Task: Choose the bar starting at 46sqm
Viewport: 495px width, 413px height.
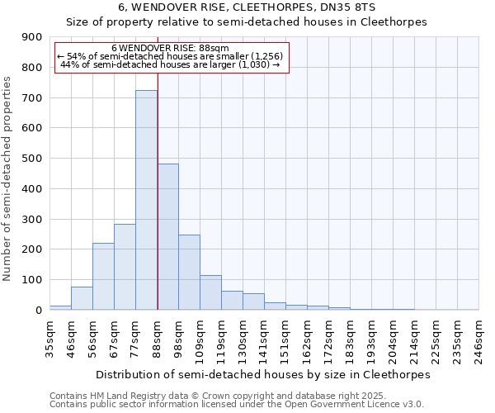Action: click(82, 298)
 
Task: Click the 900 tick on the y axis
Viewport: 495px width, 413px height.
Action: click(31, 37)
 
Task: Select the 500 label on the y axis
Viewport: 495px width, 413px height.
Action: click(31, 159)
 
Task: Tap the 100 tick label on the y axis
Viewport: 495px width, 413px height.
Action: click(31, 280)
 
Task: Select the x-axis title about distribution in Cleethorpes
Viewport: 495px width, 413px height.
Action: click(263, 374)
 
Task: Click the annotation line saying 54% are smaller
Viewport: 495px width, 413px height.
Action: click(171, 56)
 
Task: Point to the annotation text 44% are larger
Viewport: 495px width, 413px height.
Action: click(171, 64)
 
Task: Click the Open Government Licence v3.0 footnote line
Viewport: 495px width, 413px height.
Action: click(236, 405)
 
